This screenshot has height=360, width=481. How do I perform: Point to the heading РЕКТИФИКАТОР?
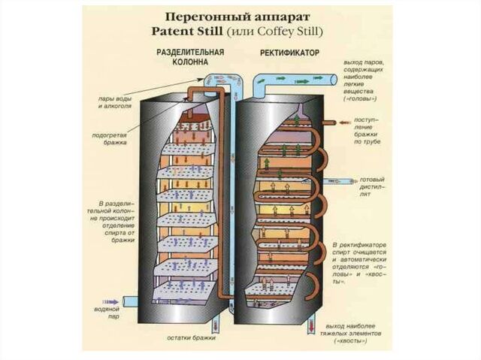pos(289,54)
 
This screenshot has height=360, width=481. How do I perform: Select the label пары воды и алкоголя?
pos(115,101)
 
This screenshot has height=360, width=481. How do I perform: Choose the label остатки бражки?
pos(191,338)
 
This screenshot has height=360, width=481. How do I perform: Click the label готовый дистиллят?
pos(373,186)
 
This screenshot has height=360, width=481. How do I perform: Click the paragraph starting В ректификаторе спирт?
pos(362,266)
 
